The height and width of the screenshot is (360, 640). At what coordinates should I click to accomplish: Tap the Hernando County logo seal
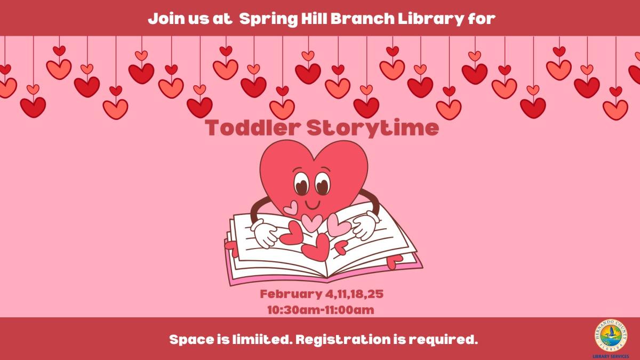click(x=611, y=335)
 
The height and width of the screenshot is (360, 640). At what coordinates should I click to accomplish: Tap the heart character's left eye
click(x=302, y=184)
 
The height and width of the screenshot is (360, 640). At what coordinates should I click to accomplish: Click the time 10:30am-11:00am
click(x=320, y=309)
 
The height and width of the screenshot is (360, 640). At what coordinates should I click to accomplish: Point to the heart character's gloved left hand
click(x=265, y=234)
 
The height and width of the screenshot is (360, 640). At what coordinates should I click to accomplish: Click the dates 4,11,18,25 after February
click(x=354, y=294)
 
